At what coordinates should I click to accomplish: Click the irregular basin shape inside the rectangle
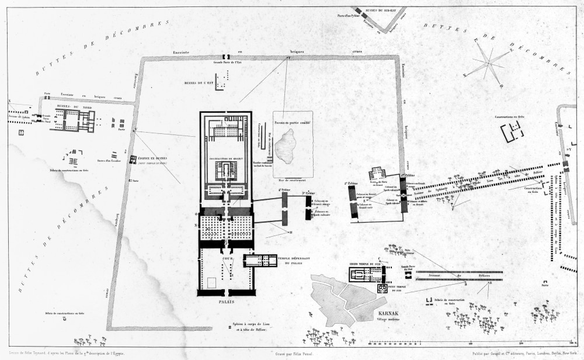point(286,146)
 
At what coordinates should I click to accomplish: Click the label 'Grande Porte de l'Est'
point(227,62)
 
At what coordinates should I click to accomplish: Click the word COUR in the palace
point(228,258)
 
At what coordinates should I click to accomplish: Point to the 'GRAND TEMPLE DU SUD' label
point(363,264)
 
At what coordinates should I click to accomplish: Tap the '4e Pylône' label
point(284,190)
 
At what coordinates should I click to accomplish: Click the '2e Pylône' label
point(352,183)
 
